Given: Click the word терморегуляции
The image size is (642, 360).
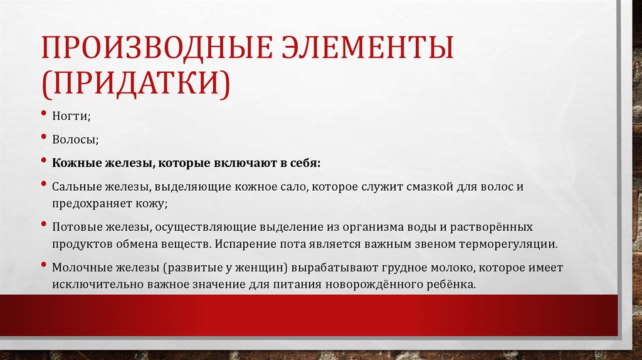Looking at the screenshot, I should tap(506, 243).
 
